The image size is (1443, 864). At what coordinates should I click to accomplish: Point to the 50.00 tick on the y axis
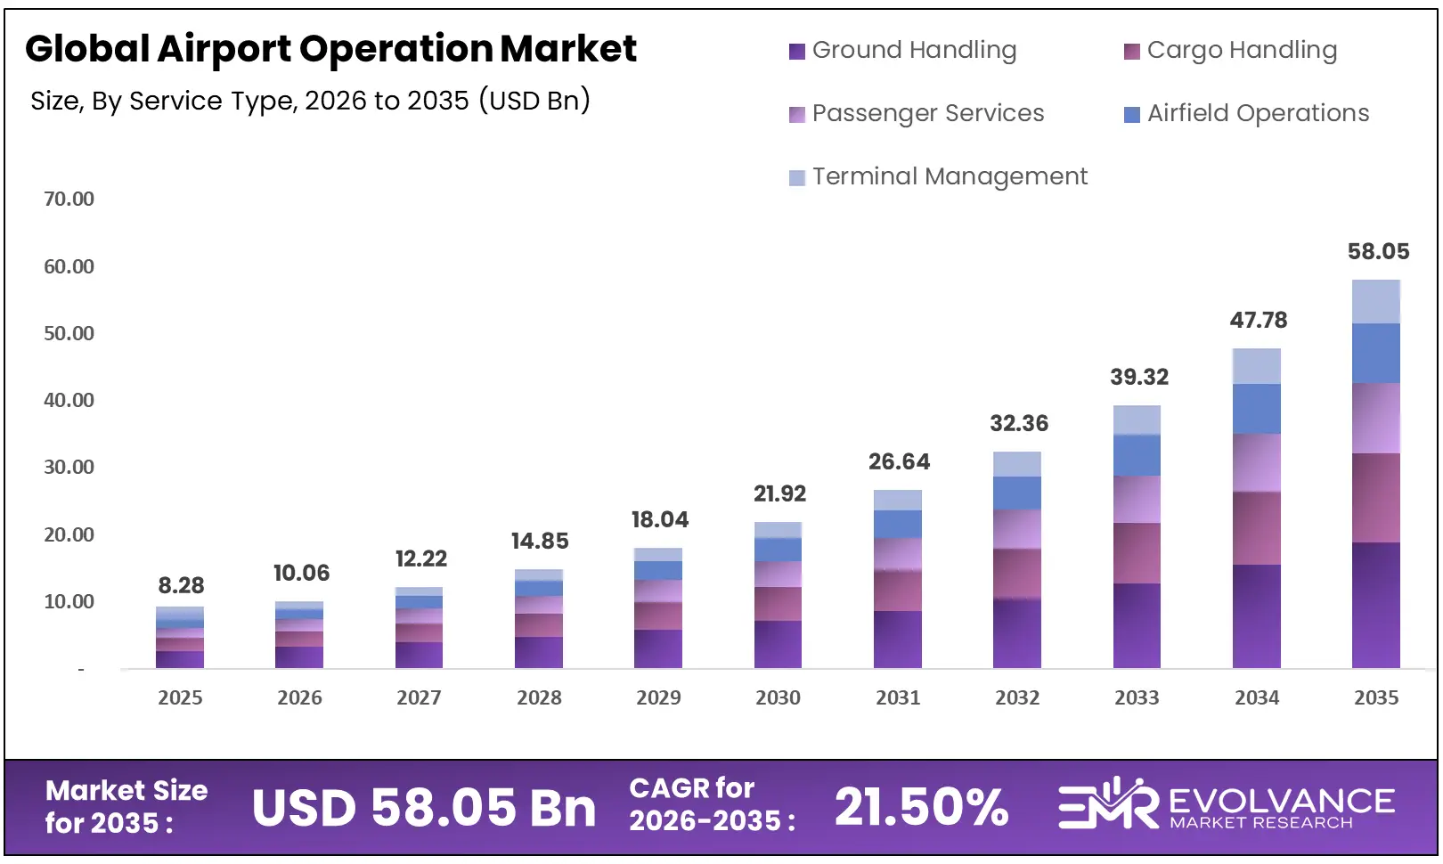tap(69, 333)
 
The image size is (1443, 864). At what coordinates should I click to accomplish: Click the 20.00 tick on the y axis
tap(69, 534)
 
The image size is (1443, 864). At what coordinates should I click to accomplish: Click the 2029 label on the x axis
tap(658, 698)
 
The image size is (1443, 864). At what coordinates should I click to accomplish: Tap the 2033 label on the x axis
tap(1137, 698)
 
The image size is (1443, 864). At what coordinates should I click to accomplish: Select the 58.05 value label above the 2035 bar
tap(1378, 252)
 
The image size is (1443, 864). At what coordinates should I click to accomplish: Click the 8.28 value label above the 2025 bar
tap(181, 586)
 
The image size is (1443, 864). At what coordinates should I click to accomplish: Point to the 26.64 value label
tap(899, 462)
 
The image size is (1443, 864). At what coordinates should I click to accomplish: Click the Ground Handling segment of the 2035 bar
tap(1376, 606)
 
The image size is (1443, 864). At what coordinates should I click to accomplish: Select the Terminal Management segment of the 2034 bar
tap(1257, 366)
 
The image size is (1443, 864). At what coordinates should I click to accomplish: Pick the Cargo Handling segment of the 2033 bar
tap(1137, 553)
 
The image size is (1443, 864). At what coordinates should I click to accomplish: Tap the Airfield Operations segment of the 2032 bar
tap(1017, 493)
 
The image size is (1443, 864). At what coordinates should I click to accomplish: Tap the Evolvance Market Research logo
tap(1227, 805)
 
